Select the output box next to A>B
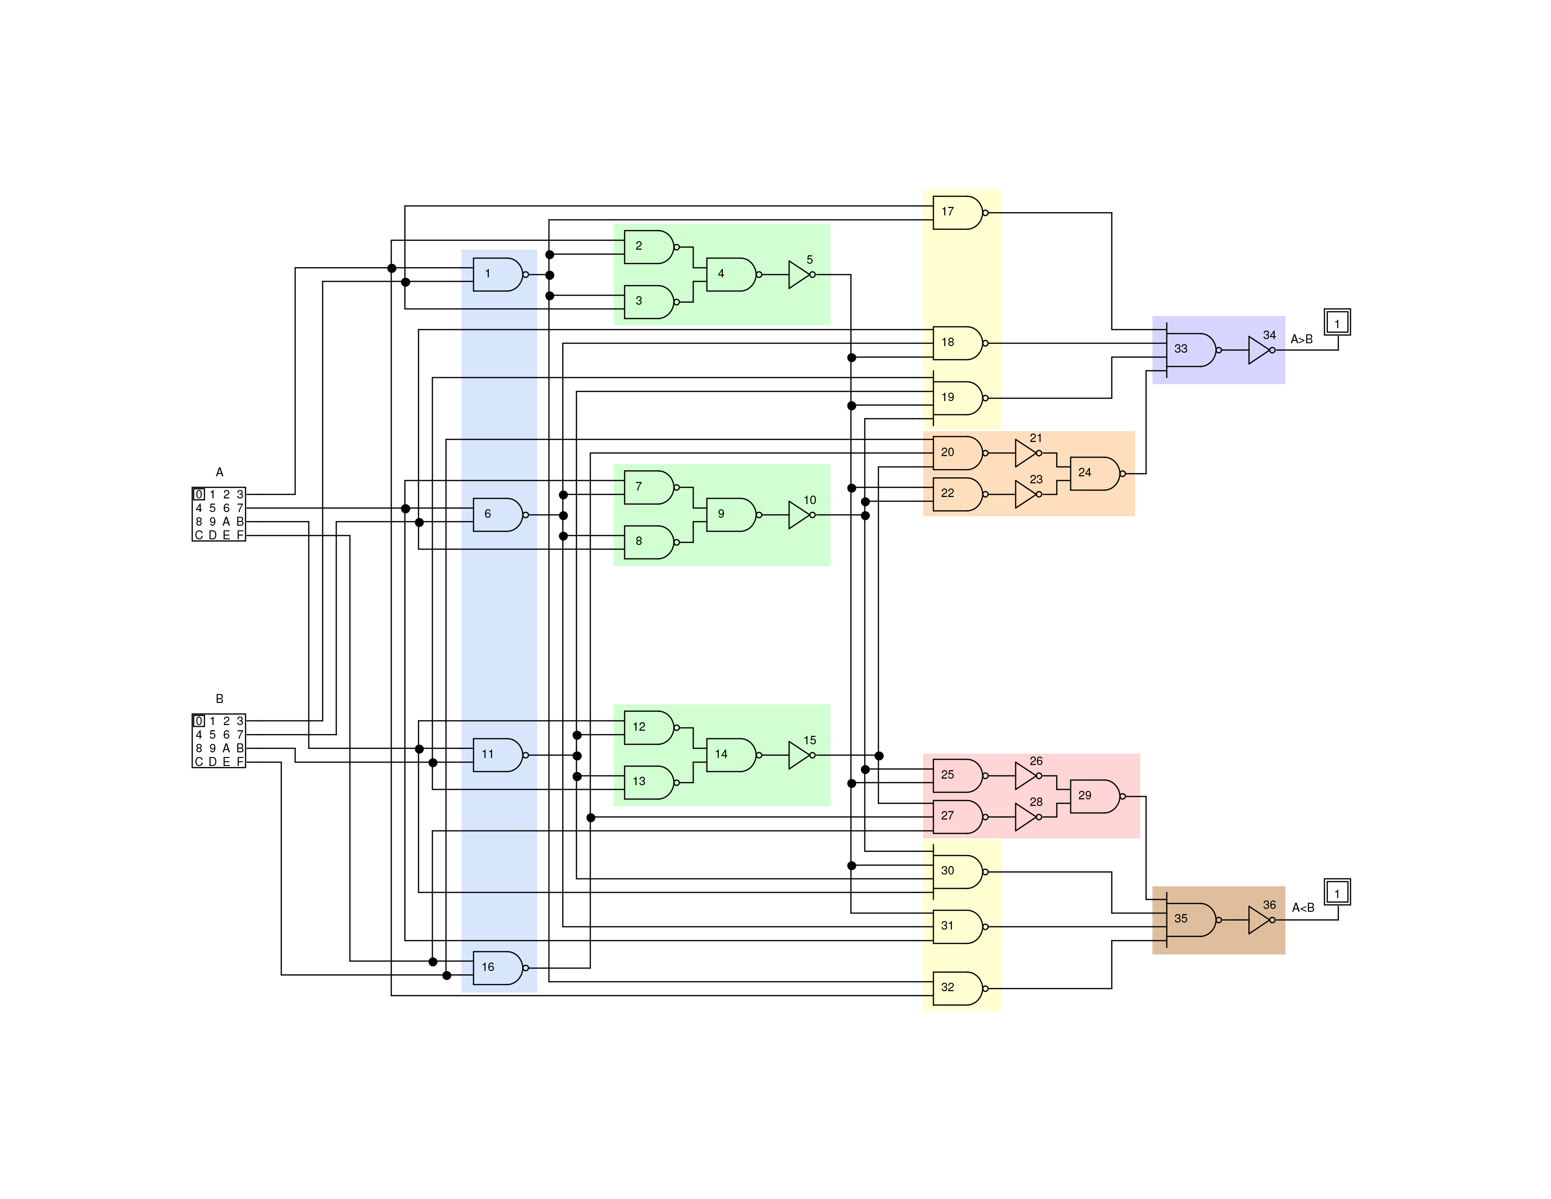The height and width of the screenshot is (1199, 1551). [x=1337, y=323]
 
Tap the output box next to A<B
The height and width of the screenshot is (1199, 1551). [x=1337, y=892]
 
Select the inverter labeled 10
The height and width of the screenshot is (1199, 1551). [x=799, y=515]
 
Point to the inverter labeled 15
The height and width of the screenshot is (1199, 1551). [x=799, y=755]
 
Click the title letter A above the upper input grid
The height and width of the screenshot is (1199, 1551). [x=219, y=473]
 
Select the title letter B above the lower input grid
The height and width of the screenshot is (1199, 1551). [x=219, y=699]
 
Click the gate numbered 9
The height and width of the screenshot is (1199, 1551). [x=730, y=514]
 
